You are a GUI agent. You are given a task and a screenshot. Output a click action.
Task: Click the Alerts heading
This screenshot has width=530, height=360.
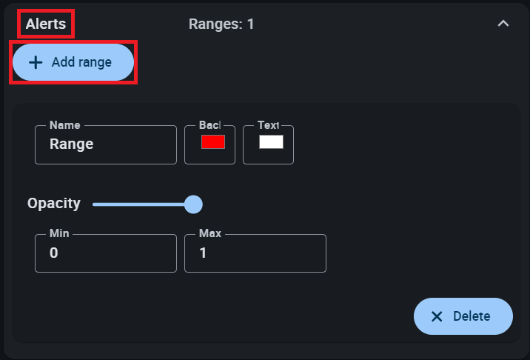point(46,24)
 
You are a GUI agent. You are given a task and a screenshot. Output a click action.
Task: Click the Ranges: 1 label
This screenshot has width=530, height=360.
point(221,24)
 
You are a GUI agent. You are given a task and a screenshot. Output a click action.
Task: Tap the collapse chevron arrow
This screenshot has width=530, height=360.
point(503,24)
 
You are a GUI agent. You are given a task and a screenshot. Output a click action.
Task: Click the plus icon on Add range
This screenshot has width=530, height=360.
point(35,62)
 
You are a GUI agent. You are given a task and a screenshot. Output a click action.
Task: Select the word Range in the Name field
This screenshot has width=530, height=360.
point(71,144)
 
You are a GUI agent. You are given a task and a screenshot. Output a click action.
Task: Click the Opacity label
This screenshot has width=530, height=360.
point(54,204)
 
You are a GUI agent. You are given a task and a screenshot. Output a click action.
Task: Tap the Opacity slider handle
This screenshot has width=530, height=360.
point(193,204)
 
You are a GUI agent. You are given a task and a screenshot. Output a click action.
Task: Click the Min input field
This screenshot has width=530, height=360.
point(111,253)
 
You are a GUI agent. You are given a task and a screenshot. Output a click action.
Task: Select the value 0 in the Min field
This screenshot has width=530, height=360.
point(54,253)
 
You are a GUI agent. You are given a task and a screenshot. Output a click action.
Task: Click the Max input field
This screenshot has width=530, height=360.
point(259,253)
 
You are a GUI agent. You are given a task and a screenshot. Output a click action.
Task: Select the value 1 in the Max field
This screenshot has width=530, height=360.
point(204,253)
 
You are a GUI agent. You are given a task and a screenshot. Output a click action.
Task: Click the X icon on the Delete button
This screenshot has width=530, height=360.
point(437,316)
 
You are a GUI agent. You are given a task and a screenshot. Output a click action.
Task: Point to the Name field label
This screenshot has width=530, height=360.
point(65,125)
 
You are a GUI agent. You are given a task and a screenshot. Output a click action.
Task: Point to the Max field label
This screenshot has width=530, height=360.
point(210,233)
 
